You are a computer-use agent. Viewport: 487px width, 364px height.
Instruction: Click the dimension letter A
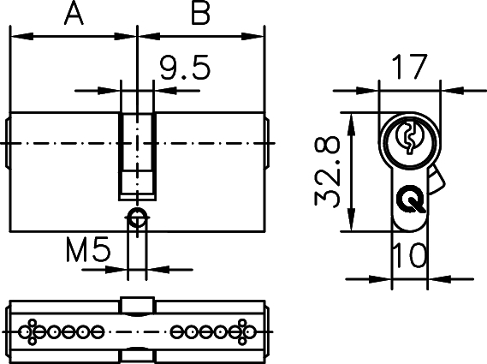pyautogui.click(x=74, y=15)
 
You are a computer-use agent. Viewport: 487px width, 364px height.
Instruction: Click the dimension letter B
pyautogui.click(x=199, y=15)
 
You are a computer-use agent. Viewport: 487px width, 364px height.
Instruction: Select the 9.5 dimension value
pyautogui.click(x=185, y=69)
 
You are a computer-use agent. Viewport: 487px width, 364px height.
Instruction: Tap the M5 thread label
pyautogui.click(x=89, y=251)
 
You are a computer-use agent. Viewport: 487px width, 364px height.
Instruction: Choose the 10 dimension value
pyautogui.click(x=410, y=254)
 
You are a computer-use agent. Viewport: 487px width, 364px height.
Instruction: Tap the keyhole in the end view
pyautogui.click(x=409, y=136)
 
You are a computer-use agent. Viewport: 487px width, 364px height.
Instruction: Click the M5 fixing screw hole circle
pyautogui.click(x=137, y=215)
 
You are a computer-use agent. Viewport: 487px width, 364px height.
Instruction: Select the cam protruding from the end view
pyautogui.click(x=437, y=181)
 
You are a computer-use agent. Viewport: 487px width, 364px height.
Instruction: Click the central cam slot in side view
pyautogui.click(x=137, y=154)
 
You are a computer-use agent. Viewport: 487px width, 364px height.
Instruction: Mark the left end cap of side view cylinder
pyautogui.click(x=7, y=143)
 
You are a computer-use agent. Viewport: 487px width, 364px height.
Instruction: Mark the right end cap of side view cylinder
pyautogui.click(x=268, y=143)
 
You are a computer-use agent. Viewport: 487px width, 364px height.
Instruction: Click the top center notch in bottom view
pyautogui.click(x=137, y=305)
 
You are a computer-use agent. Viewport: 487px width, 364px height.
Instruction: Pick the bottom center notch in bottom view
pyautogui.click(x=137, y=354)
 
